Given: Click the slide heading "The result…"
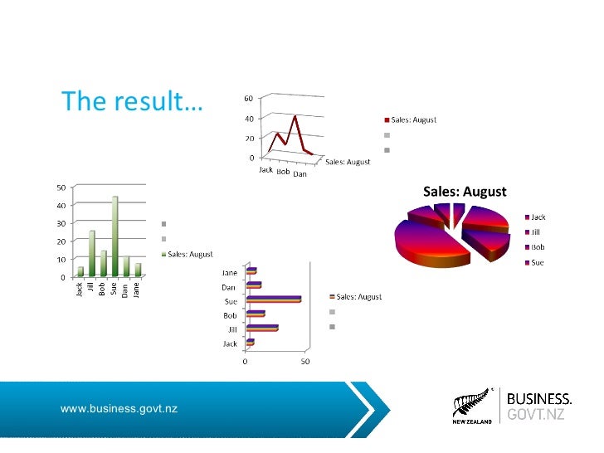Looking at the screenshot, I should pos(131,101).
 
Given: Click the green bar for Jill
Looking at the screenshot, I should pos(92,253).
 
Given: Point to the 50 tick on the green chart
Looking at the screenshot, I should pos(61,187).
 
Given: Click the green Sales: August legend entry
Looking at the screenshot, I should pos(190,255).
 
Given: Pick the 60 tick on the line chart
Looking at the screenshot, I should pos(248,99).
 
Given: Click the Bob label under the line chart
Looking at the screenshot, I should pos(283,172).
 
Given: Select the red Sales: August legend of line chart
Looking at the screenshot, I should pos(409,120).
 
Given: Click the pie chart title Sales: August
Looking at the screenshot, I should pos(465,192).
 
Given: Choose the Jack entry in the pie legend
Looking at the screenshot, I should pos(538,217).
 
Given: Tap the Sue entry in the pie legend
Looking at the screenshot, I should pos(538,262).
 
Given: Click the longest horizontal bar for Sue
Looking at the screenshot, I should pos(274,300).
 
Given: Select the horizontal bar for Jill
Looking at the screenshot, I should pos(261,329).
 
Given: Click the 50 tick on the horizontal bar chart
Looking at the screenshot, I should pos(305,362).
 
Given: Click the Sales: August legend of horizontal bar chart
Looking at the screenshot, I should pos(358,297).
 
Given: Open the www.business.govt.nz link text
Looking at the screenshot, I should pos(119,408).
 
